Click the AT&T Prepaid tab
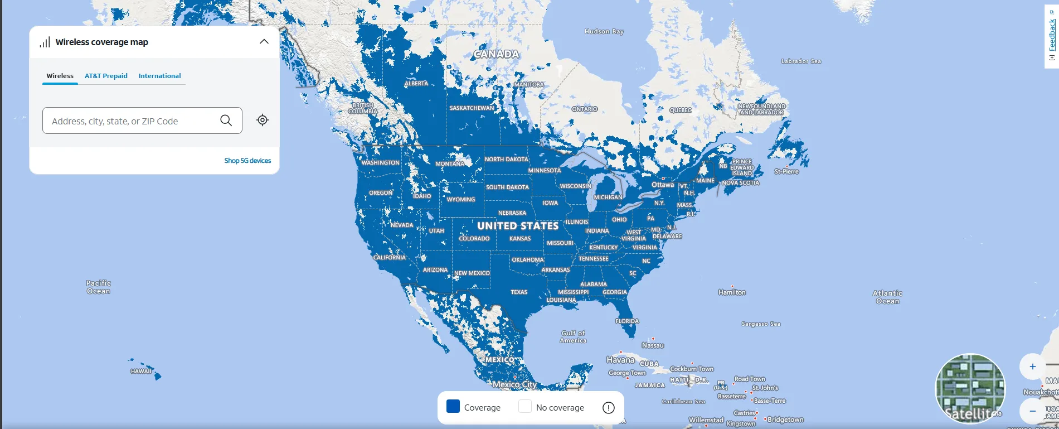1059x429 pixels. [x=106, y=76]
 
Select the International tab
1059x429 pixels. [x=159, y=76]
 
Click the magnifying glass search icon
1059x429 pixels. [x=226, y=120]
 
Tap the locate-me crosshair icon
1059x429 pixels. [x=263, y=120]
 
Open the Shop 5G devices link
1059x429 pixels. [x=247, y=161]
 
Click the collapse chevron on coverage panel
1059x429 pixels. [x=264, y=42]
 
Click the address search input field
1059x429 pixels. [x=131, y=121]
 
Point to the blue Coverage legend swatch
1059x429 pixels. [x=453, y=406]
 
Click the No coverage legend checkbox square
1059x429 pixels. [x=524, y=406]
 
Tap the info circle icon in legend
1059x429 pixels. [x=609, y=408]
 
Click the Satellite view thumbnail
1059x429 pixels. [x=970, y=388]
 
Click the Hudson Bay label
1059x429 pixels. [x=604, y=32]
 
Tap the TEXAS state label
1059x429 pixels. [x=519, y=292]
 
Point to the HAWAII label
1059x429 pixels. [x=141, y=372]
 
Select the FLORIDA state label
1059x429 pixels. [x=627, y=321]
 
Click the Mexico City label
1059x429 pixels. [x=514, y=384]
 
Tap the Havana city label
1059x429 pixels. [x=620, y=360]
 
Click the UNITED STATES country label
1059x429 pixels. [x=518, y=226]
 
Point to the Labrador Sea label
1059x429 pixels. [x=801, y=61]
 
